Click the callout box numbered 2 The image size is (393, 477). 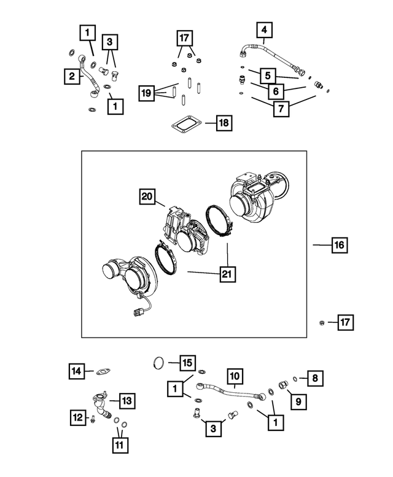click(x=72, y=77)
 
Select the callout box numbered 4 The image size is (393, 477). click(x=264, y=29)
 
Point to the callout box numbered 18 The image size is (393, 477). click(x=224, y=123)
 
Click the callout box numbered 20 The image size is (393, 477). click(x=147, y=196)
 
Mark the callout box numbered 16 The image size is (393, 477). click(x=338, y=245)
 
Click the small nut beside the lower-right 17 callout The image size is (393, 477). click(x=322, y=322)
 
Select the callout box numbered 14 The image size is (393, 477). click(x=76, y=371)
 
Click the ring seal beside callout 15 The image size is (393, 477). click(x=158, y=363)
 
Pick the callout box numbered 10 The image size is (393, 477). click(x=235, y=374)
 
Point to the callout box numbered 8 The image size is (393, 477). click(x=314, y=378)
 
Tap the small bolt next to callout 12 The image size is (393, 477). click(x=91, y=420)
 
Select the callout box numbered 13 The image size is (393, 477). click(x=125, y=401)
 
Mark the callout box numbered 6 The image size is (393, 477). click(x=276, y=91)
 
